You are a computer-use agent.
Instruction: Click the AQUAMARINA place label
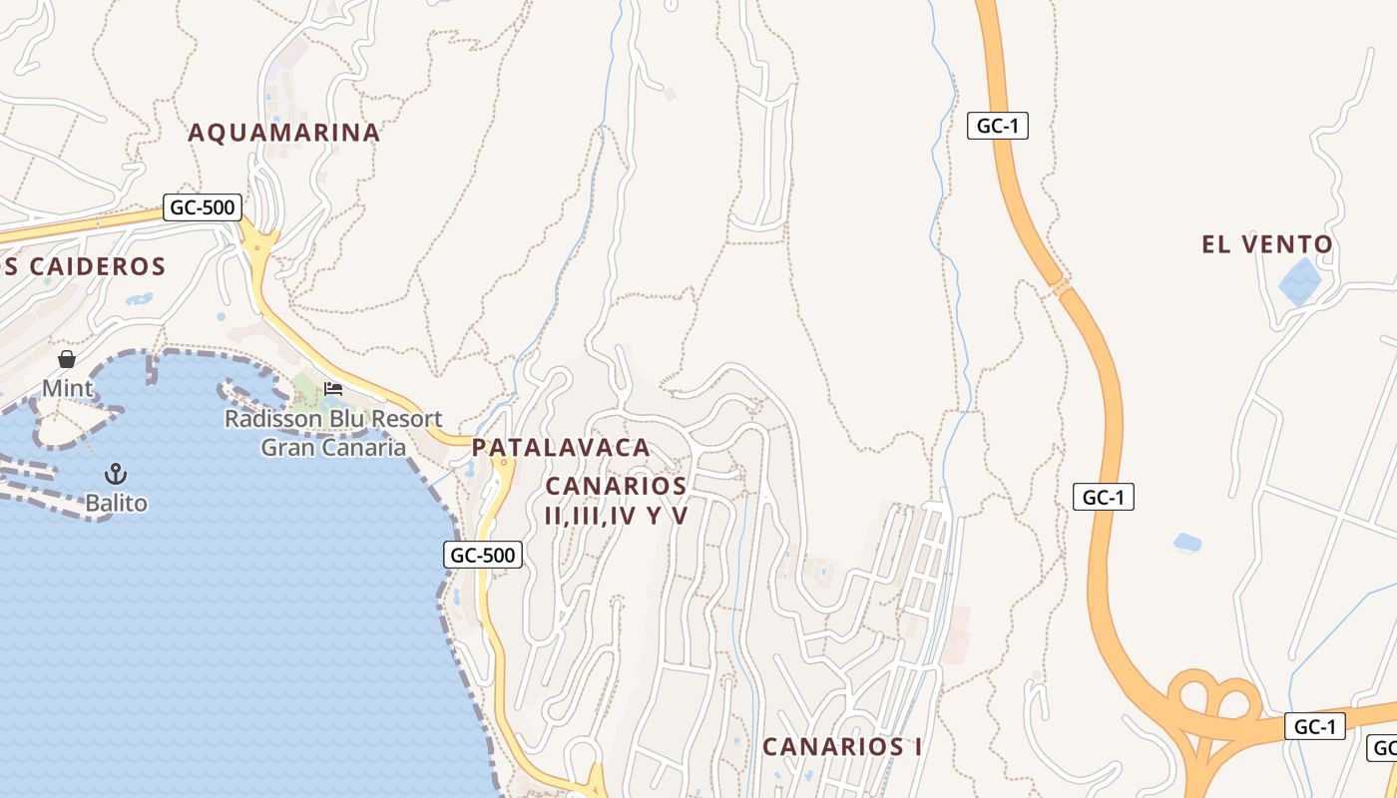coord(284,132)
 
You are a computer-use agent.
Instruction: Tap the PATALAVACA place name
coord(561,448)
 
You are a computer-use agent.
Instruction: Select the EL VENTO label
coord(1267,244)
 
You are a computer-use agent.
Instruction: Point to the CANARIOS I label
coord(842,746)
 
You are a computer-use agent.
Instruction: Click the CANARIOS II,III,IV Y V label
coord(617,501)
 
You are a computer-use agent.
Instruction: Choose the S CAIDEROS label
coord(83,266)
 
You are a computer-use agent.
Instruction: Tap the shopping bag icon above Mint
coord(67,359)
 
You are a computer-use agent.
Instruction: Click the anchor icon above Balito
coord(116,473)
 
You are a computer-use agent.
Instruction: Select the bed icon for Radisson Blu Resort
coord(333,388)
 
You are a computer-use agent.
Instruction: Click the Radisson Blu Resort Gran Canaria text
coord(333,433)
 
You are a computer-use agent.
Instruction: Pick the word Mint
coord(67,388)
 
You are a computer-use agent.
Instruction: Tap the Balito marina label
coord(116,503)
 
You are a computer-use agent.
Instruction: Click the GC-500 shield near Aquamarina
coord(203,208)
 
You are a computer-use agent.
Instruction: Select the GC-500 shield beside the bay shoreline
coord(483,556)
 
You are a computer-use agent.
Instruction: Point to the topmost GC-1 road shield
coord(998,126)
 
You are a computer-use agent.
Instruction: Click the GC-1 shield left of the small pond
coord(1104,497)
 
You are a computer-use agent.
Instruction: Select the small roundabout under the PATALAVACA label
coord(504,463)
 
